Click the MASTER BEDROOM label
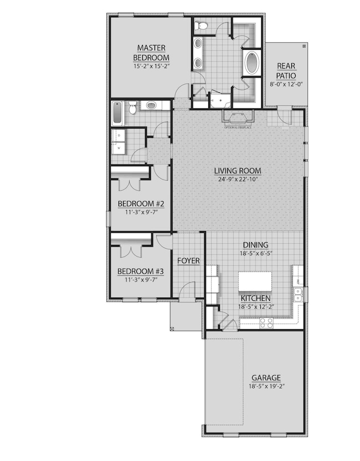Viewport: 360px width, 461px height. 151,53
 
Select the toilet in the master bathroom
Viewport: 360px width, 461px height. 201,25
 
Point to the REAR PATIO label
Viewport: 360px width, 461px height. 286,71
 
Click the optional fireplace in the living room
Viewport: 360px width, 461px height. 238,117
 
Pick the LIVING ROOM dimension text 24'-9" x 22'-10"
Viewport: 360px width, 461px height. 238,179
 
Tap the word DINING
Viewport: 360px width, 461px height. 255,245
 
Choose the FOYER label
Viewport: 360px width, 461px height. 188,260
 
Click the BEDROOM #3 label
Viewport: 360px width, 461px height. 141,271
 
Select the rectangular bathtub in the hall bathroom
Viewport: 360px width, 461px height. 117,113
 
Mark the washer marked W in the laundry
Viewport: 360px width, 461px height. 118,148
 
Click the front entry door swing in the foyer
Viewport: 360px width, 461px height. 188,291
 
